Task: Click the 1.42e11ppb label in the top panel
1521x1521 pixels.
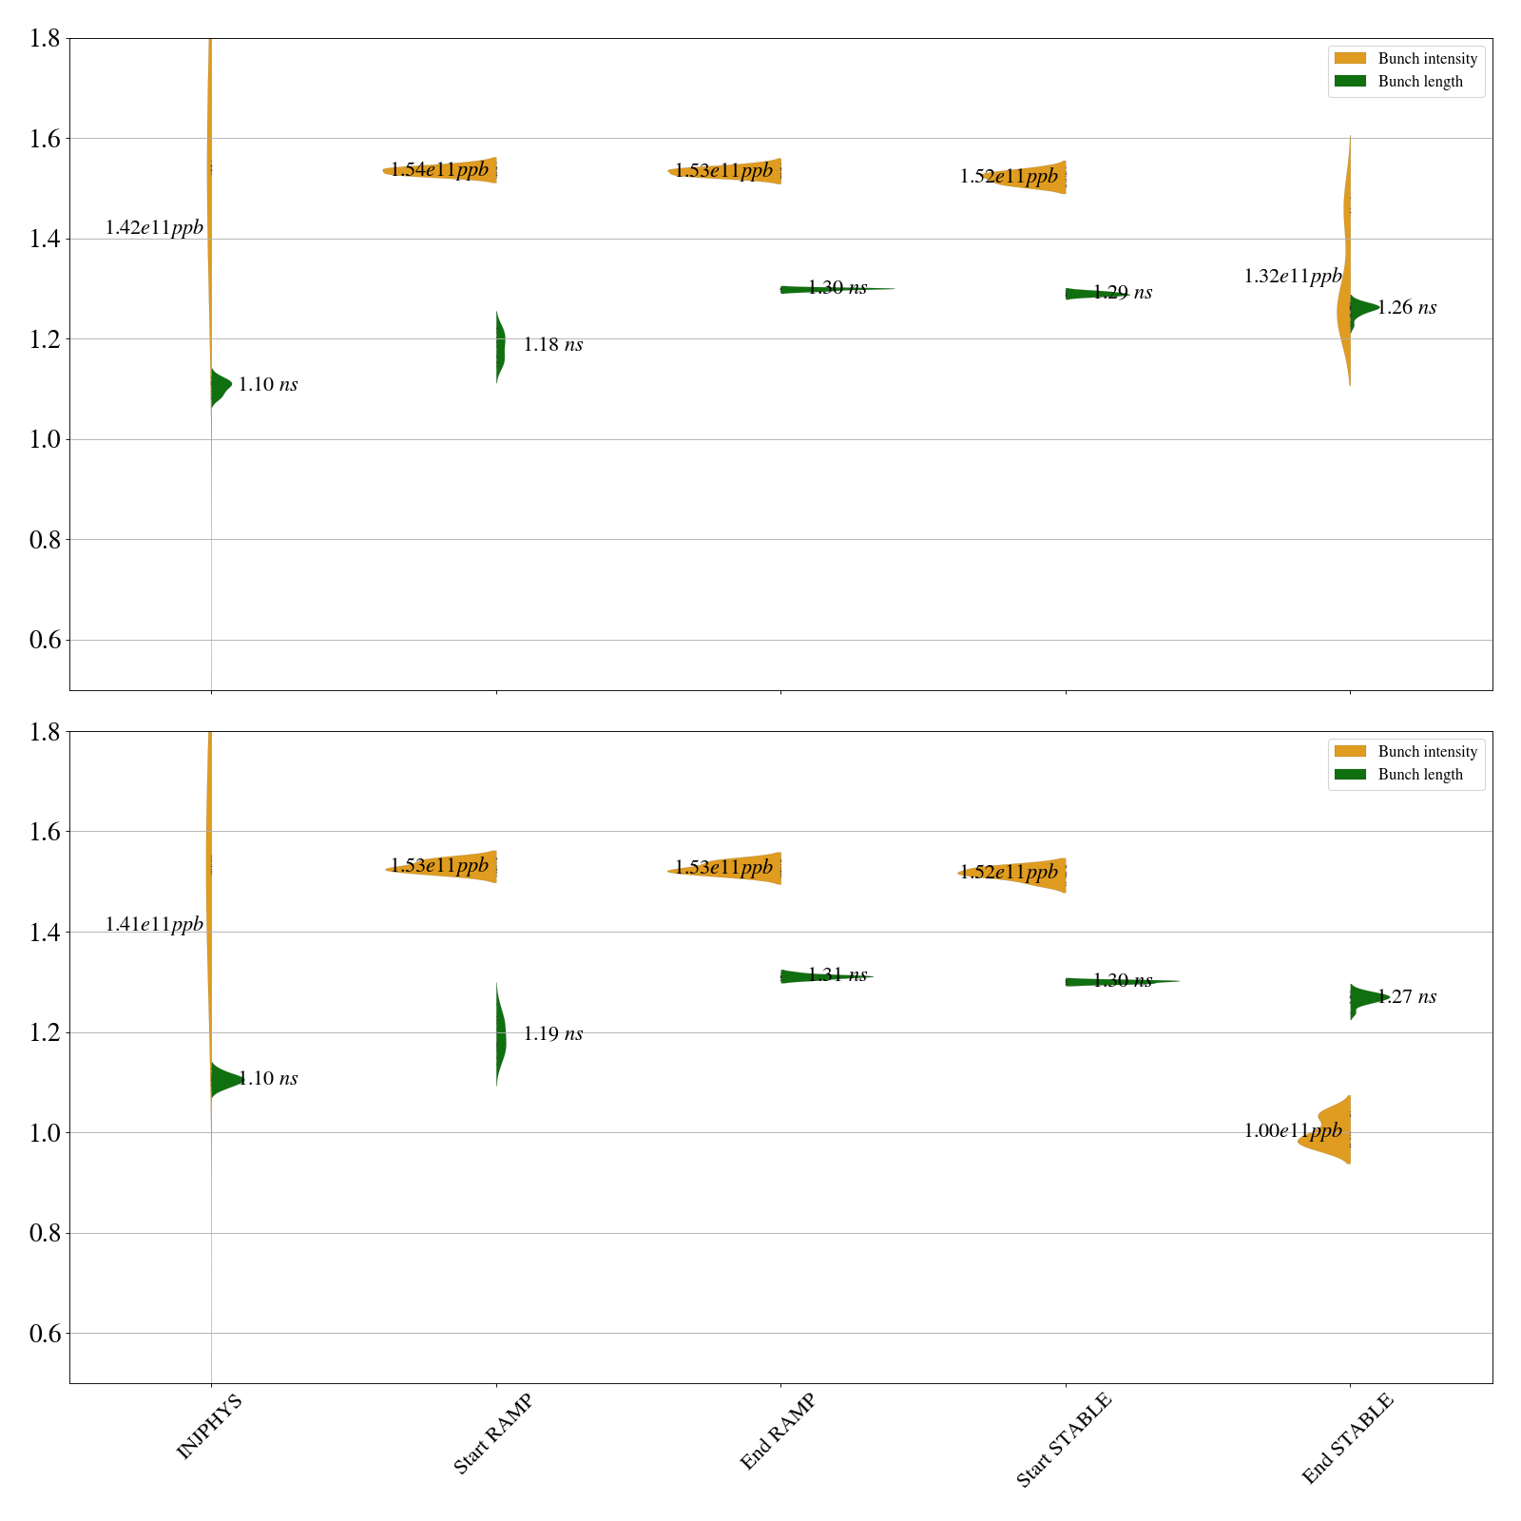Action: coord(154,228)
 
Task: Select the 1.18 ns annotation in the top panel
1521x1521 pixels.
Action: coord(552,345)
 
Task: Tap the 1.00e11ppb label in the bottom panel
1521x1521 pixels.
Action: coord(1293,1131)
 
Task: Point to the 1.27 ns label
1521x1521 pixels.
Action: coord(1407,997)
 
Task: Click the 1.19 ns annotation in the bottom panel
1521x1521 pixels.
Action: coord(552,1034)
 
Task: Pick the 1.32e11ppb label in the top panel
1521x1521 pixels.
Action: coord(1293,277)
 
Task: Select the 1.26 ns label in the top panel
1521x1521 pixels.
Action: coord(1407,308)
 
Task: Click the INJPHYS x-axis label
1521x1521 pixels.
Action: coord(210,1426)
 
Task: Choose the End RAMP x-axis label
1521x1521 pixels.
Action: coord(778,1432)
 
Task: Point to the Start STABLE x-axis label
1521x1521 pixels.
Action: coord(1063,1440)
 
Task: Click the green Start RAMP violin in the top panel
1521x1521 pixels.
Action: coord(500,346)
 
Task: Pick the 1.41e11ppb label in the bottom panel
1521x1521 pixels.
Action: coord(154,924)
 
